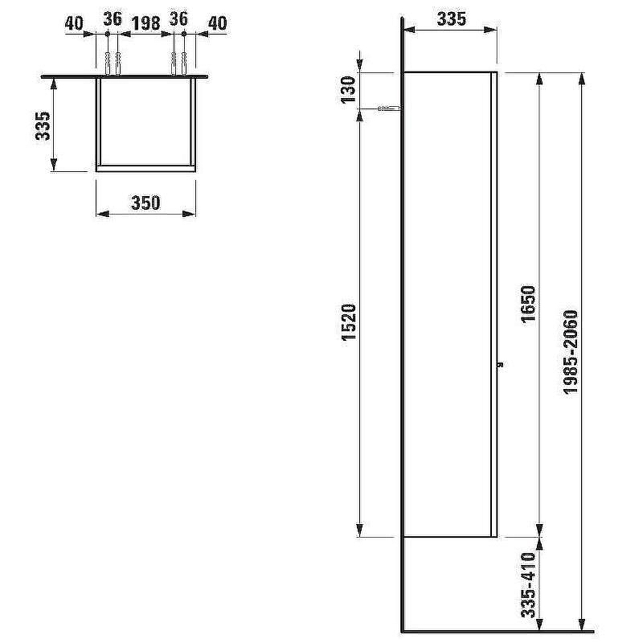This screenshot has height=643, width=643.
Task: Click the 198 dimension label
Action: (145, 23)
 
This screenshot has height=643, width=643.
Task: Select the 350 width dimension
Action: (145, 203)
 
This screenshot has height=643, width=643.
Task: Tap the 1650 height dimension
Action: (529, 304)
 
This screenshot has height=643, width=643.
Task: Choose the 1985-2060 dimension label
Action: (571, 352)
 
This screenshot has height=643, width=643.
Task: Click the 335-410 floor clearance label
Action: (528, 584)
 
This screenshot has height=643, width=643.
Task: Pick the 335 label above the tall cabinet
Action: (451, 19)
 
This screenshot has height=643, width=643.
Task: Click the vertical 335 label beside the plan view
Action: (43, 125)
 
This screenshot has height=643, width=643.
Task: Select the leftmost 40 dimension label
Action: (74, 23)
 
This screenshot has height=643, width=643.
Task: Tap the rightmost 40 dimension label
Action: (217, 23)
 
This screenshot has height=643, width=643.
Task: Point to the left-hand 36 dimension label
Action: (112, 19)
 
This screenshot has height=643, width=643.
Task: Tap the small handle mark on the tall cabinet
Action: (500, 363)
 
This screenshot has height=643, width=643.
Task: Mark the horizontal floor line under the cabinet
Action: (498, 631)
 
